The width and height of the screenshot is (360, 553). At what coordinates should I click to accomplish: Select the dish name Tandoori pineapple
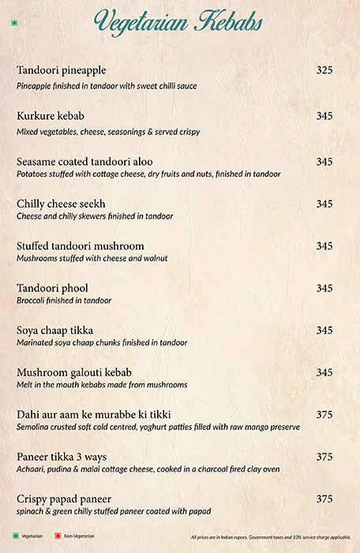(61, 70)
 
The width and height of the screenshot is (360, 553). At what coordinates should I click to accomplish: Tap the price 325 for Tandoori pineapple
(324, 70)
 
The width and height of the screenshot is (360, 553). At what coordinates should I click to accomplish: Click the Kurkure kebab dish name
(51, 116)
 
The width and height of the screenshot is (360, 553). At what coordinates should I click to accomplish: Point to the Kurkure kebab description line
(108, 131)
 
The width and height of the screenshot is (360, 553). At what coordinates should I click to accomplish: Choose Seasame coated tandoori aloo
(84, 162)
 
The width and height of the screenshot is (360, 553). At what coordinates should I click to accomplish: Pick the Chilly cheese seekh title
(61, 204)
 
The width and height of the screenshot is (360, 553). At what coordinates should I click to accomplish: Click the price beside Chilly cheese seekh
(324, 204)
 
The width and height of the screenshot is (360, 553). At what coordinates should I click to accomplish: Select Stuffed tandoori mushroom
(80, 246)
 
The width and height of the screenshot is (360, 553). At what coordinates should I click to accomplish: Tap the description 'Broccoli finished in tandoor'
(64, 300)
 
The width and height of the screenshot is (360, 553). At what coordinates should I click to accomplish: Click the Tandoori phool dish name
(52, 288)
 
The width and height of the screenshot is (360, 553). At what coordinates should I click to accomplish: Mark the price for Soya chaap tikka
(324, 330)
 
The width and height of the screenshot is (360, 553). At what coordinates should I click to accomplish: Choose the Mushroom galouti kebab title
(74, 372)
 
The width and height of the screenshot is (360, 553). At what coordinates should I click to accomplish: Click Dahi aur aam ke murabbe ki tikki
(94, 415)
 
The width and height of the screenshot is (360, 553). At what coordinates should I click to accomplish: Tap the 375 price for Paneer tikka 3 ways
(324, 457)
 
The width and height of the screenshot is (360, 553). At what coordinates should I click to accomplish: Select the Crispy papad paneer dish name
(64, 499)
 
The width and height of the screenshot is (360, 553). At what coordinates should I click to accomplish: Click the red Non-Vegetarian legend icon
(58, 536)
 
